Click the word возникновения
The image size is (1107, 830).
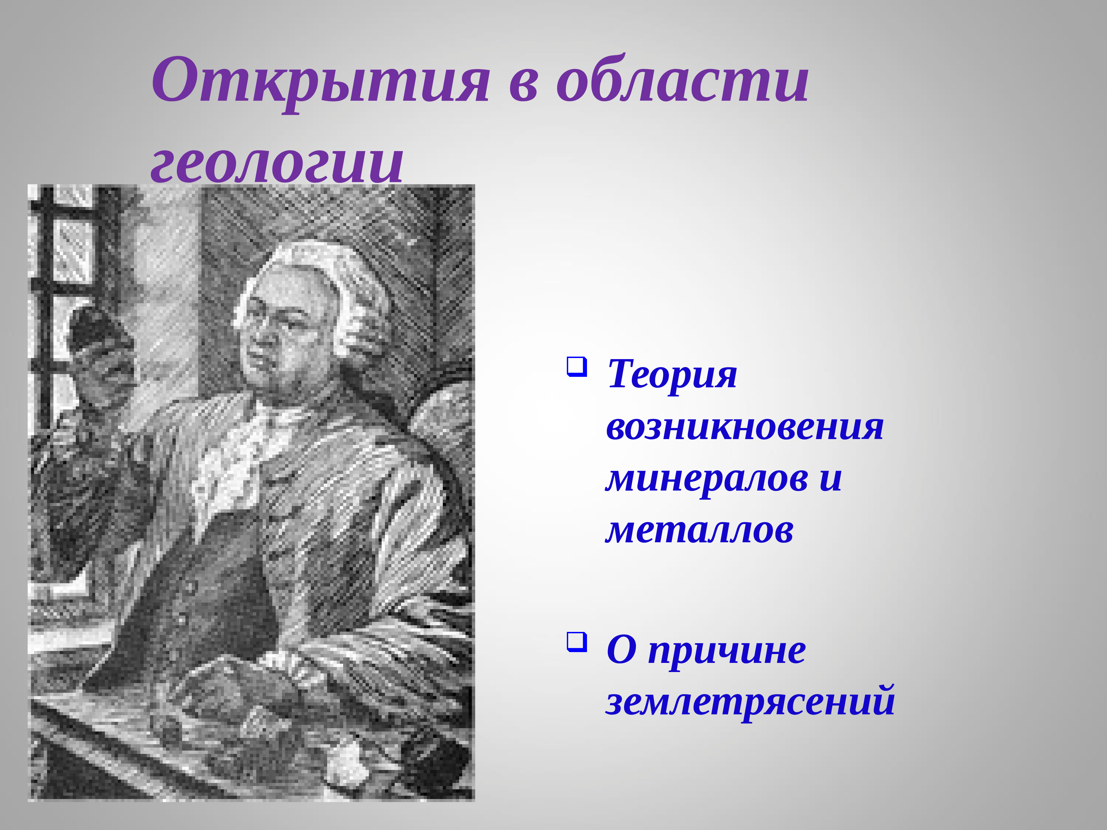pyautogui.click(x=745, y=428)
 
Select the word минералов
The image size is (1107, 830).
pyautogui.click(x=707, y=479)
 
